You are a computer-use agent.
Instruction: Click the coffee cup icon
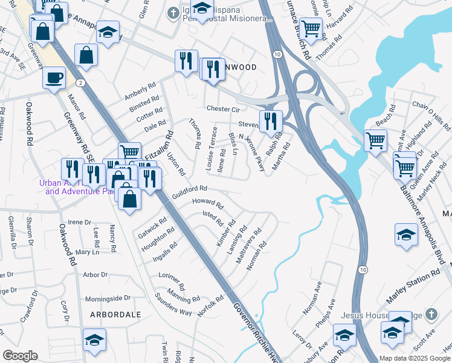click(x=54, y=79)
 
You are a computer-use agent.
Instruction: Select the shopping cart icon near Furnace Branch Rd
click(x=311, y=28)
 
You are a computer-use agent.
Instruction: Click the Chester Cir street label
click(x=224, y=109)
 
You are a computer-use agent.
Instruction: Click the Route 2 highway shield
click(x=80, y=82)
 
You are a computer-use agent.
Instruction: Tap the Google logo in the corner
click(x=20, y=356)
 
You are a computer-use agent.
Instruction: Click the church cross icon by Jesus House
click(x=430, y=315)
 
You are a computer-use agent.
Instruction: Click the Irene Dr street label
click(x=79, y=222)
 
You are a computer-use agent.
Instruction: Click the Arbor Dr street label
click(x=95, y=275)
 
